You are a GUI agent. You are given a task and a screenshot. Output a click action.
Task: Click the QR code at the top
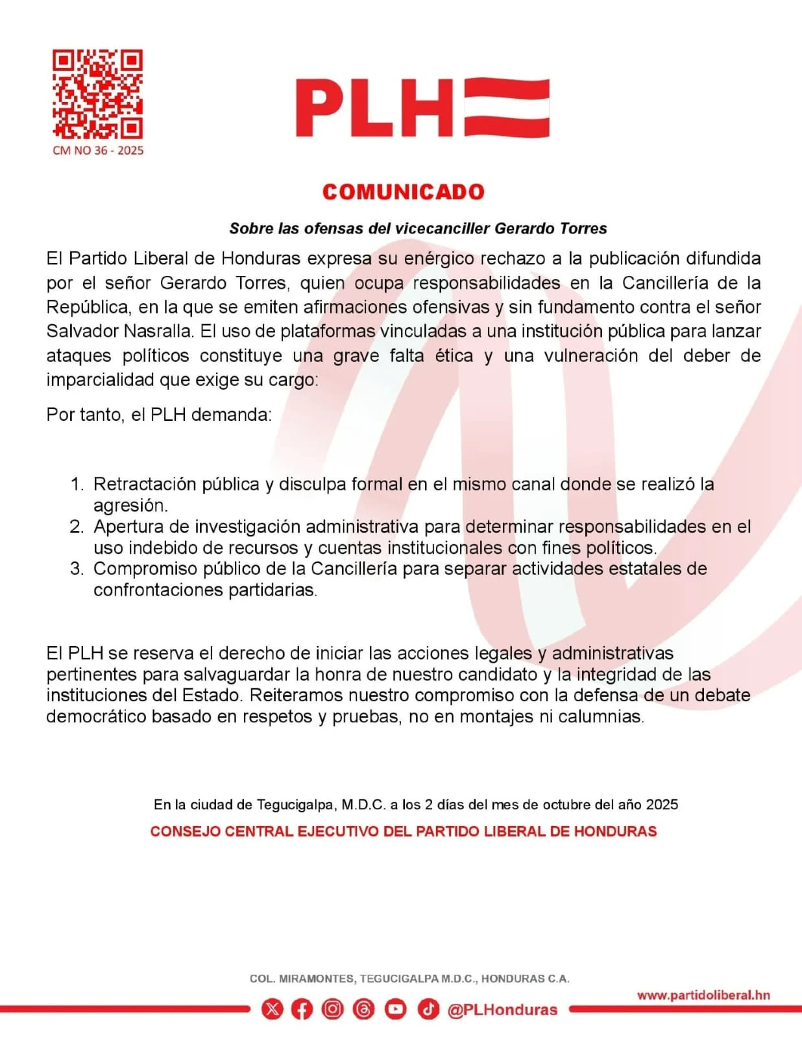pos(97,94)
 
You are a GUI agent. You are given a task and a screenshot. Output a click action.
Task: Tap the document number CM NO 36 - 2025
pos(98,151)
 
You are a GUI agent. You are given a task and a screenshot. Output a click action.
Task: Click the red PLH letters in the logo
pos(374,108)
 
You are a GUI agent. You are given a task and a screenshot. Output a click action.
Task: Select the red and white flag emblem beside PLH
pos(507,108)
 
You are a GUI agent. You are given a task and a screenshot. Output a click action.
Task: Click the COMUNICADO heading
pos(403,192)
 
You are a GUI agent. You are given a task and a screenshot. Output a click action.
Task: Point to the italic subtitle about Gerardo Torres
pos(418,229)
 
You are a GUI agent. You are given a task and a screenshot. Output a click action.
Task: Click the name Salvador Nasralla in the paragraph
pos(119,331)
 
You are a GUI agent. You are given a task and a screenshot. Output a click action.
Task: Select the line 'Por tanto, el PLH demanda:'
pos(159,414)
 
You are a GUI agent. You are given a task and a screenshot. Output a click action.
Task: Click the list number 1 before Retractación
pos(77,484)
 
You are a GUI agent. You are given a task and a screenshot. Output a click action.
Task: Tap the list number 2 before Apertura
pos(77,527)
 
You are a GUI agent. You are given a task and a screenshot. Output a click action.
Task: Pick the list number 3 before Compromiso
pos(77,569)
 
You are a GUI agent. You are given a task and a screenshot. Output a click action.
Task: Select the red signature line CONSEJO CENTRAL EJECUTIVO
pos(403,832)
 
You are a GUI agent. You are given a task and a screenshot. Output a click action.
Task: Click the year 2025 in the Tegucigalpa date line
pos(662,805)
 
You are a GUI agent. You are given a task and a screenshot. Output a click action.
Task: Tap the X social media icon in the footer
pos(273,1009)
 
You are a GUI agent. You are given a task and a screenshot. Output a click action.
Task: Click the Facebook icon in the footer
pos(302,1009)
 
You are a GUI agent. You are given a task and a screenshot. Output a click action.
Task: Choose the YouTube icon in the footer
pos(395,1009)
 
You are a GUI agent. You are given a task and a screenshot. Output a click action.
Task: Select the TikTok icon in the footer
pos(428,1009)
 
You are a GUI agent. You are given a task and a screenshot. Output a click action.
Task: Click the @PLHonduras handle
pos(502,1010)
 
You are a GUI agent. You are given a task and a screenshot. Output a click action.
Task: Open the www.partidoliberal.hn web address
pos(703,995)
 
